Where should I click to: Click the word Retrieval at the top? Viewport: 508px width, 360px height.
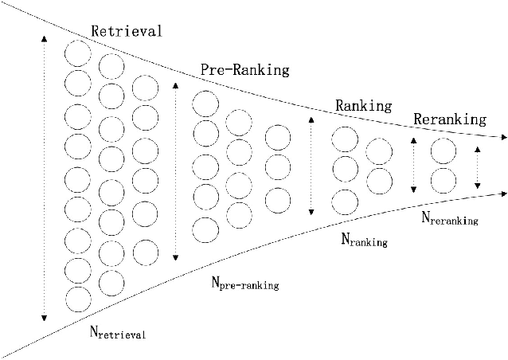pos(127,32)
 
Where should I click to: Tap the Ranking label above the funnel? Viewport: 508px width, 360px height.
pos(363,105)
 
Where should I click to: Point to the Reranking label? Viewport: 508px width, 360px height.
pos(449,119)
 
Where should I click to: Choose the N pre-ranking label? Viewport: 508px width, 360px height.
pos(244,284)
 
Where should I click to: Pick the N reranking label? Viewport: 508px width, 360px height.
pos(449,217)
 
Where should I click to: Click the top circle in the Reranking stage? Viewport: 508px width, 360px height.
pos(443,150)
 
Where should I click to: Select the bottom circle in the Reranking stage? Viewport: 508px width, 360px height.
pos(443,178)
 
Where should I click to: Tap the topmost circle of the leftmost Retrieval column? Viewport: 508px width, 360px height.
pos(77,54)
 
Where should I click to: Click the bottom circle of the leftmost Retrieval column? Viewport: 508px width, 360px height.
pos(77,299)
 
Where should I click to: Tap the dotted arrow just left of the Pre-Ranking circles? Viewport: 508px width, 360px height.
pos(175,170)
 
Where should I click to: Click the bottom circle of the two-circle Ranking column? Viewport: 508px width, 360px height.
pos(378,179)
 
